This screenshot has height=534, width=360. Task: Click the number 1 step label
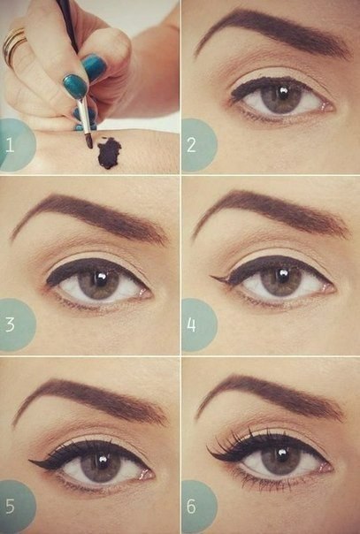[x=10, y=145]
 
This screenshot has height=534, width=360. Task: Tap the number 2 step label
[x=191, y=145]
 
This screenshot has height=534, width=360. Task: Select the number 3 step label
[x=10, y=324]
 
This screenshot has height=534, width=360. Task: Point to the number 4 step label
[x=191, y=324]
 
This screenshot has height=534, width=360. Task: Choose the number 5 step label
[x=10, y=506]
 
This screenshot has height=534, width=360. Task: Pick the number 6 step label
[x=191, y=506]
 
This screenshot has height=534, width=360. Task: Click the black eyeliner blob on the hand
[x=109, y=153]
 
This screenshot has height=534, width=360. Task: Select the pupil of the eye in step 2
[x=282, y=93]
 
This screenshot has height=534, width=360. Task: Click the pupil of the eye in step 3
[x=101, y=278]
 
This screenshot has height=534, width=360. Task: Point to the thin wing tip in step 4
[x=212, y=277]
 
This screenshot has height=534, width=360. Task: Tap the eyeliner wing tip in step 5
[x=31, y=462]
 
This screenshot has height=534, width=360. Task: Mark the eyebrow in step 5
[x=89, y=399]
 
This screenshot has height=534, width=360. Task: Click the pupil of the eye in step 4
[x=282, y=277]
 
